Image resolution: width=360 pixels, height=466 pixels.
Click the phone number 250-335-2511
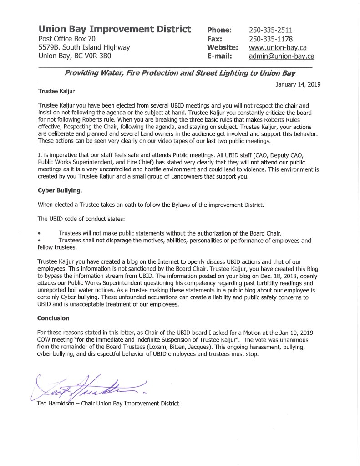tap(271, 30)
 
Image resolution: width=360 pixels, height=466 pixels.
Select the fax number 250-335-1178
tap(271, 39)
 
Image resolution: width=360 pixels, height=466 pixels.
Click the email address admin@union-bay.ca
tap(282, 56)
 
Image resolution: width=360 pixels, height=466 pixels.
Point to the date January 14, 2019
tap(298, 84)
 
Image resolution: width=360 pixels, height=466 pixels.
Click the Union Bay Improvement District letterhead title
tap(115, 30)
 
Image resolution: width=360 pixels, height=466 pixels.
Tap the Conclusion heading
tap(53, 318)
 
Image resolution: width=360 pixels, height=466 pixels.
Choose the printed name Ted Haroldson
tap(56, 403)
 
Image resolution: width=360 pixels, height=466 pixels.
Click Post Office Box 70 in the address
tap(67, 39)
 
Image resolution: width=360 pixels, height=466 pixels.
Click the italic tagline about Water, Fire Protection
tap(180, 73)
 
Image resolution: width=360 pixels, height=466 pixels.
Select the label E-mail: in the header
tap(220, 56)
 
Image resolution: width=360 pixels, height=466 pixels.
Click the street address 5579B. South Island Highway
tap(84, 48)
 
